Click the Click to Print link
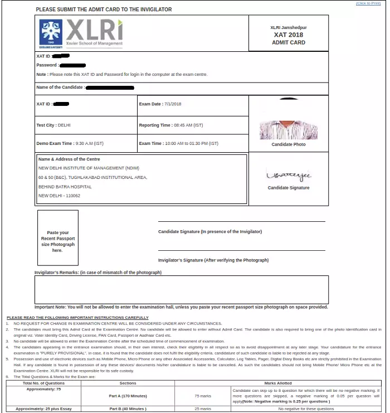pyautogui.click(x=369, y=3)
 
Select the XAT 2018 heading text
pyautogui.click(x=288, y=35)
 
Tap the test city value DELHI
pyautogui.click(x=64, y=125)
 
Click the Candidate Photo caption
pyautogui.click(x=289, y=144)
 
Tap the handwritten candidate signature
pyautogui.click(x=289, y=176)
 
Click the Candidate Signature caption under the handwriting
pyautogui.click(x=289, y=188)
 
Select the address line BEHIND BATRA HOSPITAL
pyautogui.click(x=65, y=187)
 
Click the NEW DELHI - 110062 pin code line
pyautogui.click(x=59, y=196)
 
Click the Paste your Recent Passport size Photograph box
pyautogui.click(x=58, y=241)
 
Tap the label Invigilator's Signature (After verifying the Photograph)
pyautogui.click(x=213, y=260)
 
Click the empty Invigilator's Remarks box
pyautogui.click(x=182, y=290)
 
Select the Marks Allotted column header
pyautogui.click(x=277, y=383)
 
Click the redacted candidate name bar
pyautogui.click(x=110, y=88)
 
